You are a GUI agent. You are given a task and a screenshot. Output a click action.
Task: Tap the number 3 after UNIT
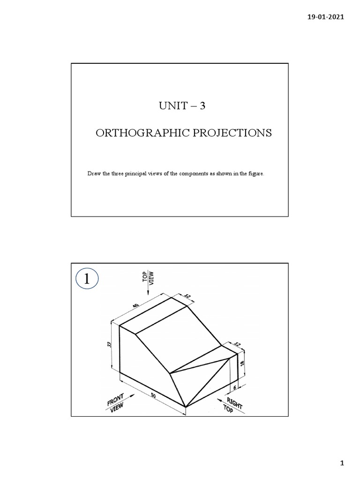click(x=202, y=106)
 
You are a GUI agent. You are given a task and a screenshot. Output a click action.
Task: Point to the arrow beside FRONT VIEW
click(x=132, y=397)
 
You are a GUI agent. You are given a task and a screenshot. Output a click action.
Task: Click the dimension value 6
click(x=234, y=388)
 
